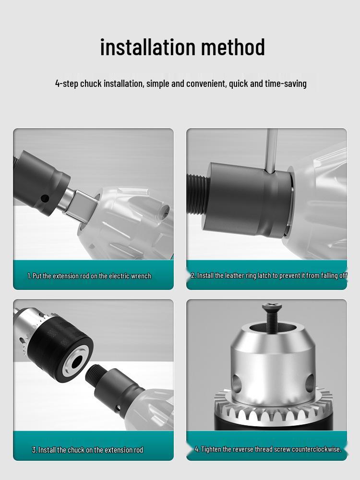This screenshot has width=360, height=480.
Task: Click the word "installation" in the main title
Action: point(147,47)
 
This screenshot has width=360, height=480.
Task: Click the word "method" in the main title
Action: point(233,47)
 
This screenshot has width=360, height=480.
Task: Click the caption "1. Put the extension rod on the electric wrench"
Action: point(89,276)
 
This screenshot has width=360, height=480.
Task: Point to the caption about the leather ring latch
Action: point(268,276)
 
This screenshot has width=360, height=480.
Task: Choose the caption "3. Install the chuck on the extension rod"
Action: point(87,450)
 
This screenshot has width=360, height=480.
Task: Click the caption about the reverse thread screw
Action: point(268,449)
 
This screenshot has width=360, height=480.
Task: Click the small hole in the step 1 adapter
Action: point(45,198)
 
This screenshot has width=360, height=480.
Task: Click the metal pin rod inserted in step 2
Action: point(271,149)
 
